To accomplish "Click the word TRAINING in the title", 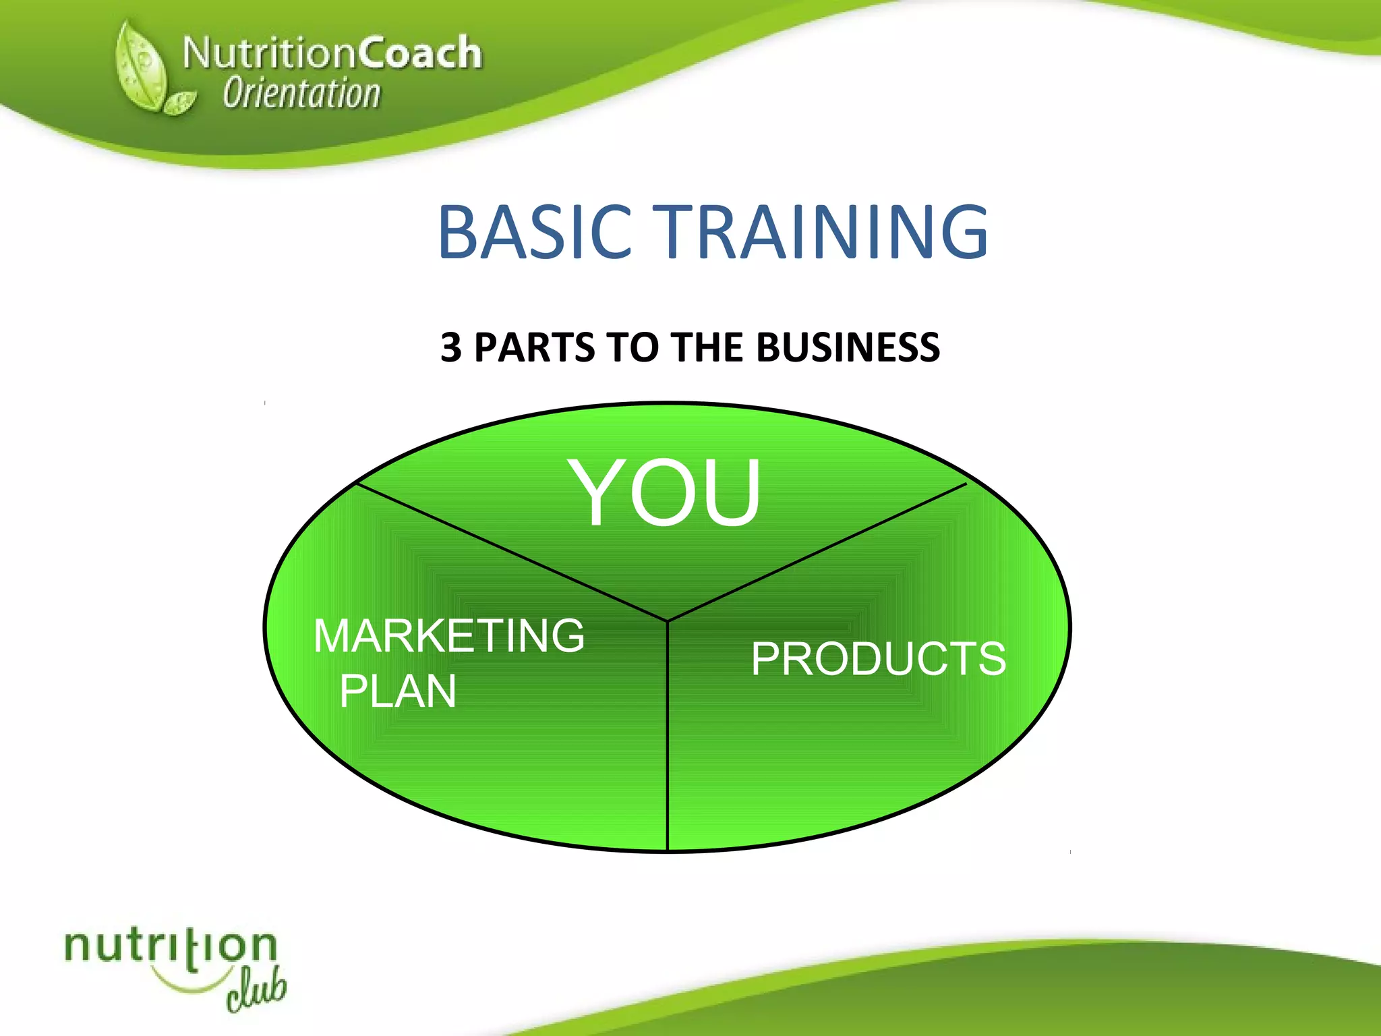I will [822, 233].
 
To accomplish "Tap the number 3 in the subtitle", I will [451, 348].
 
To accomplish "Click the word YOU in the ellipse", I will [666, 492].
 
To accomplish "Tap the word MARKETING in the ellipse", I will [449, 636].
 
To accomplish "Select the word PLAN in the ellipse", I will [398, 692].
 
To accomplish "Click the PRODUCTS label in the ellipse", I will [878, 659].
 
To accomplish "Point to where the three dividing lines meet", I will [668, 621].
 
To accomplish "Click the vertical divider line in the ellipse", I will [668, 742].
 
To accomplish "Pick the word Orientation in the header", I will [301, 94].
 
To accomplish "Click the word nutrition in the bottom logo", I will [170, 948].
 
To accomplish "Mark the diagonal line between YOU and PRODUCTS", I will [816, 552].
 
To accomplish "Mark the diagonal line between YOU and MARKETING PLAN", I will [512, 552].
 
